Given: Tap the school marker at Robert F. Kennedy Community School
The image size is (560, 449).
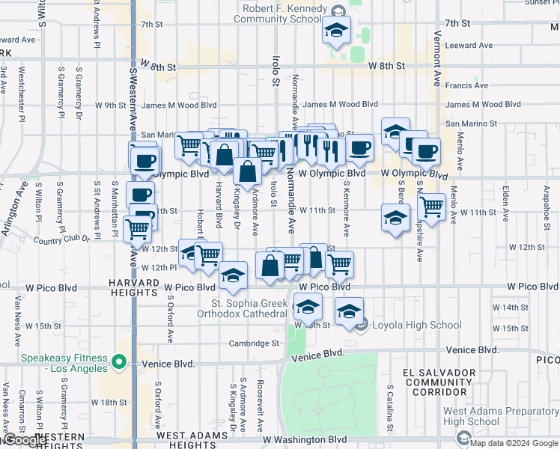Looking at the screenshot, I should (337, 32).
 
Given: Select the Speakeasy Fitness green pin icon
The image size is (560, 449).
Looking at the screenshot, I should (118, 364).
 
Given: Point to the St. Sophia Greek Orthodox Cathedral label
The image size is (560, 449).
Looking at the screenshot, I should (249, 308).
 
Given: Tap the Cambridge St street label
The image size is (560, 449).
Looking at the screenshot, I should (255, 343).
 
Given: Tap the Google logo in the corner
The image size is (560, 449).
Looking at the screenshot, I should (24, 440).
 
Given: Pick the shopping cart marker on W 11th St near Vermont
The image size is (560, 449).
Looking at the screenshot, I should (431, 206).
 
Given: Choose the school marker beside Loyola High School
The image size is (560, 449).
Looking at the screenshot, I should (349, 311).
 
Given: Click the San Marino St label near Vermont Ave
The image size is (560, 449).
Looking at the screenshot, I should (472, 123).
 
